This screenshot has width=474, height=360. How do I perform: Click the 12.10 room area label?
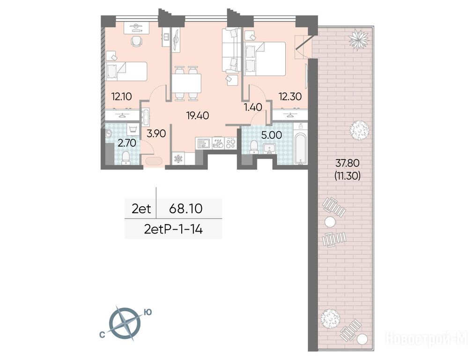click(121, 97)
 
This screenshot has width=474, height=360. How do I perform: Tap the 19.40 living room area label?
click(198, 116)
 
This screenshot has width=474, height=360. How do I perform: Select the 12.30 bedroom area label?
click(290, 97)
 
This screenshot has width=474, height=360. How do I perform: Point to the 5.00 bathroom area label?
click(272, 135)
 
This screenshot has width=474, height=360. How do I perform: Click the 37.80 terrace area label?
click(348, 164)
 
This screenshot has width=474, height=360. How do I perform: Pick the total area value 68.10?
click(185, 209)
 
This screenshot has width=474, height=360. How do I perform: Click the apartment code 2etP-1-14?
click(173, 229)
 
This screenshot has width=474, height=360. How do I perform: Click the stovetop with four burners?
click(230, 143)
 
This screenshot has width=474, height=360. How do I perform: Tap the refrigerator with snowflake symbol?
click(178, 159)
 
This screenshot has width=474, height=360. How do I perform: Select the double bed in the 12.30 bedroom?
click(265, 59)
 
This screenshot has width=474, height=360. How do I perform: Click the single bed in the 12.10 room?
click(126, 71)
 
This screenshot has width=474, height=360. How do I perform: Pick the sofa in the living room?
click(231, 50)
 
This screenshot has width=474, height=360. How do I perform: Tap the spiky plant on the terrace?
click(359, 37)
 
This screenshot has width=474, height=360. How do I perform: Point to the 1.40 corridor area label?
click(253, 107)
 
